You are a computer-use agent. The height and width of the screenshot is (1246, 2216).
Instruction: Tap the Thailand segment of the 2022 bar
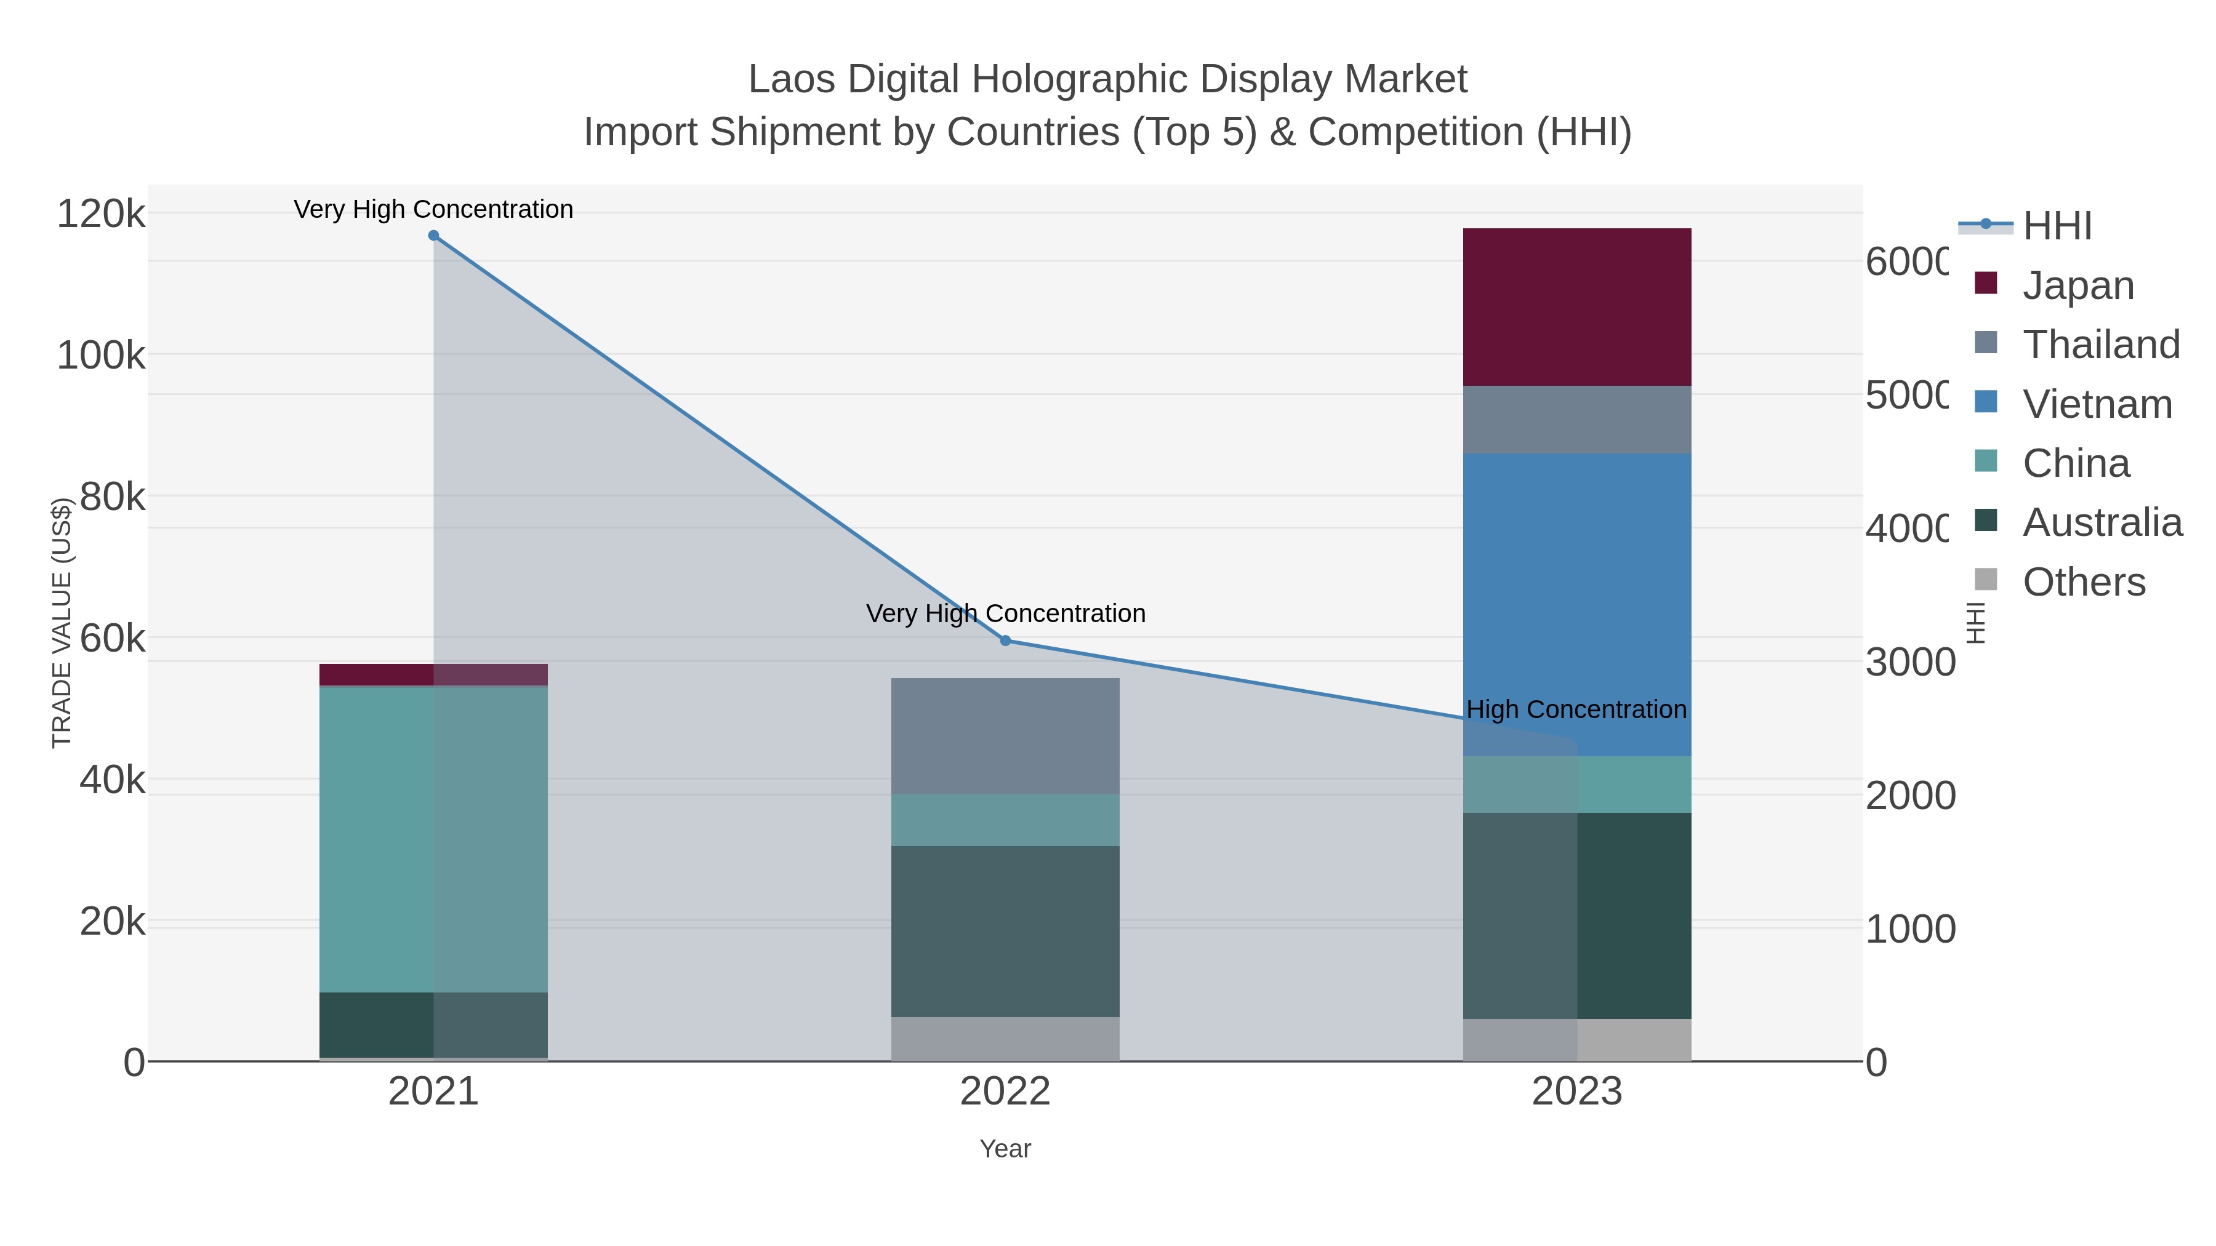(1005, 736)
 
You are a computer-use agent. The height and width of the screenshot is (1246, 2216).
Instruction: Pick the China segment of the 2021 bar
(433, 839)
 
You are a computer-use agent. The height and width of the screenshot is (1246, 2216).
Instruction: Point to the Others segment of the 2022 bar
(1005, 1039)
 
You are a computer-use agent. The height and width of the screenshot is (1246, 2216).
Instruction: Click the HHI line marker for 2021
(433, 236)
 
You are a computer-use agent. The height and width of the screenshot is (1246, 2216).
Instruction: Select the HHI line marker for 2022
(1005, 641)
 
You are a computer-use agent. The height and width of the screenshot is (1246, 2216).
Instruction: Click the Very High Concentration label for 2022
(1005, 613)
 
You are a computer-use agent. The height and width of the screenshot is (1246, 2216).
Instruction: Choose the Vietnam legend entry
(2097, 403)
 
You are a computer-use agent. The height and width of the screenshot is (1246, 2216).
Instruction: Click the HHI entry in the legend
(2056, 225)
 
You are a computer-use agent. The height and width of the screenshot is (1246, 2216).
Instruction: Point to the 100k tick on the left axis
(101, 355)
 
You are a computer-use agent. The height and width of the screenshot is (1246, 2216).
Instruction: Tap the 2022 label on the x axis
(1005, 1091)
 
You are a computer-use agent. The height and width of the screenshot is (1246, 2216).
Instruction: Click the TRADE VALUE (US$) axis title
(62, 623)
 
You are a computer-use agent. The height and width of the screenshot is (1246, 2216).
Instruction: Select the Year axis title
(1005, 1149)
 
